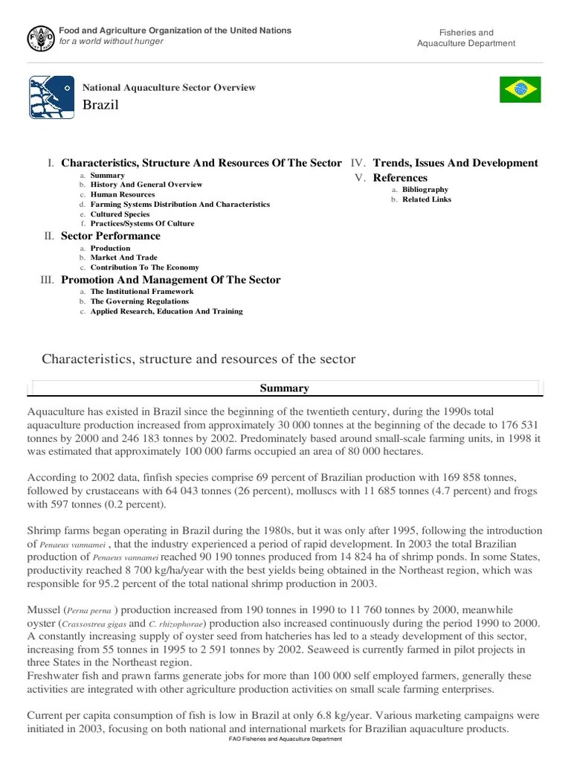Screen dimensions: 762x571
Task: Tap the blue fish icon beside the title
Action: click(x=51, y=97)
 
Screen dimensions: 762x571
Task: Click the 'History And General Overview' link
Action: click(x=146, y=185)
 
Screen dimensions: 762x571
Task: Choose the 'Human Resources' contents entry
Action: click(x=123, y=194)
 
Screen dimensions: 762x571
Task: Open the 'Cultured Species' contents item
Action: click(x=120, y=214)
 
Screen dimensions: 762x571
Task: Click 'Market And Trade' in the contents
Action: click(x=123, y=257)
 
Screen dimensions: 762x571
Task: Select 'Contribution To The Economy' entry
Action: click(x=144, y=267)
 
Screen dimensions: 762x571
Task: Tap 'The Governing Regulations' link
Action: click(x=139, y=301)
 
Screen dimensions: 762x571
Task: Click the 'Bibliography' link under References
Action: click(x=425, y=190)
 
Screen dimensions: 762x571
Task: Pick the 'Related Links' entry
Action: click(x=427, y=199)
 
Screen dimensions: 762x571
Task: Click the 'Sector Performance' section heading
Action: click(x=110, y=236)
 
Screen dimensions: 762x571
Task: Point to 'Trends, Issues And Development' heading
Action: click(x=455, y=163)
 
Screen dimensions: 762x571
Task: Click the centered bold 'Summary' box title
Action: click(x=284, y=388)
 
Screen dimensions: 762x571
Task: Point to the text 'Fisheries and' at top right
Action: click(x=466, y=33)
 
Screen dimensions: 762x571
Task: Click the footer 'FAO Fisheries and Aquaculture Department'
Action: click(x=285, y=739)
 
